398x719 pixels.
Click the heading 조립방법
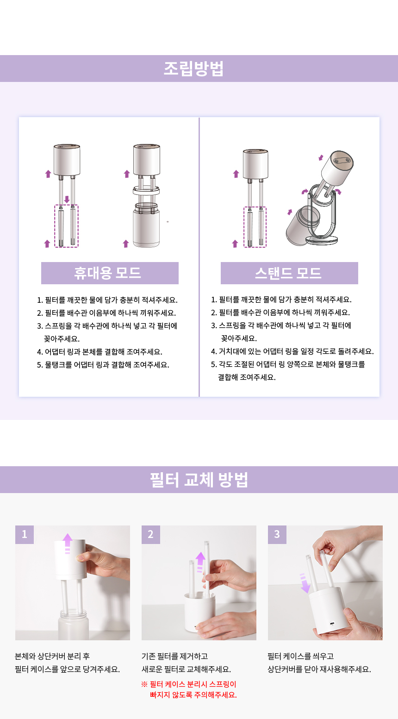(194, 69)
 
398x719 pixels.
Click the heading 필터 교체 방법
(199, 480)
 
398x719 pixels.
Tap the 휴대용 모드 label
(110, 273)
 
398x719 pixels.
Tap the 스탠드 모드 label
(289, 273)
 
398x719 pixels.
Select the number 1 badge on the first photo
(25, 534)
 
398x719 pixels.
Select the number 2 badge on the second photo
(151, 534)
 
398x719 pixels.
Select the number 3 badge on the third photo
(277, 534)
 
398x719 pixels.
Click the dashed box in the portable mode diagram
(67, 226)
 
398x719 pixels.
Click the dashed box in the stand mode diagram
(255, 227)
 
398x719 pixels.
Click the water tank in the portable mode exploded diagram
(146, 226)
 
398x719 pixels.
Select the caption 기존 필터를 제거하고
(175, 656)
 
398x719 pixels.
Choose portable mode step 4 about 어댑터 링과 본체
(100, 352)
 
